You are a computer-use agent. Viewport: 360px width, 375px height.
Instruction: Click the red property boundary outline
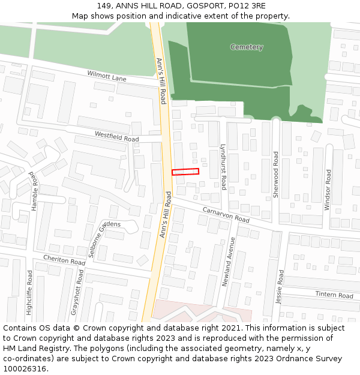[x=185, y=172]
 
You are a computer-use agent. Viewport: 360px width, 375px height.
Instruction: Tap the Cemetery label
[x=247, y=47]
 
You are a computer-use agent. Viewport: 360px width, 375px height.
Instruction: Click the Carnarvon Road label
[x=226, y=215]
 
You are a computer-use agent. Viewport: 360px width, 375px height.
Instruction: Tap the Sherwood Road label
[x=276, y=175]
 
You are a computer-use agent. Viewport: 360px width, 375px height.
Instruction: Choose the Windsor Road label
[x=328, y=189]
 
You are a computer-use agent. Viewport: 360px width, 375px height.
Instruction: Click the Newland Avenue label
[x=228, y=261]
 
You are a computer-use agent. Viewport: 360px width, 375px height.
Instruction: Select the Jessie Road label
[x=280, y=287]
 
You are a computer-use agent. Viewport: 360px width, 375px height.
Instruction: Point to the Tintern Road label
[x=334, y=295]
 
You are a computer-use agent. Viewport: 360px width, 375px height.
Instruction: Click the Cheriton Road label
[x=64, y=261]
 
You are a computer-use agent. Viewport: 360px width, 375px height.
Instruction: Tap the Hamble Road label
[x=34, y=191]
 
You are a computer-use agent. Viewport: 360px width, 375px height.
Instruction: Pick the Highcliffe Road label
[x=29, y=292]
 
